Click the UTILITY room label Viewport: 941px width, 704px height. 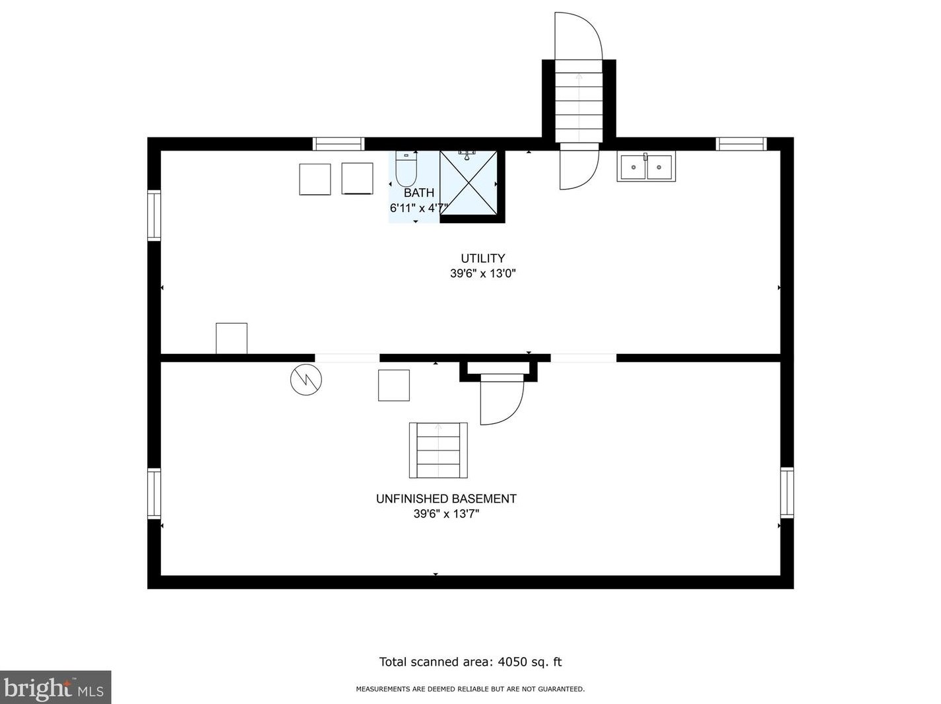point(482,258)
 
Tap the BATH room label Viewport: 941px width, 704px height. point(419,193)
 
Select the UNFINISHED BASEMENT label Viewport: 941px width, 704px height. point(446,499)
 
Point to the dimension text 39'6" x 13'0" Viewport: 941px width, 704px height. point(482,273)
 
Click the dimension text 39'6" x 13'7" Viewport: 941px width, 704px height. point(446,514)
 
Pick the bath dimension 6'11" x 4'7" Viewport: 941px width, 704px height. point(418,208)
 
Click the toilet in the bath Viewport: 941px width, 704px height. point(406,170)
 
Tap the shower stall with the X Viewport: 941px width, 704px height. point(469,183)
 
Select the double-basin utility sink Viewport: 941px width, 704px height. point(646,167)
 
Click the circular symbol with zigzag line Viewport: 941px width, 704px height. point(306,380)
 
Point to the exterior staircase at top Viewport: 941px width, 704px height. point(579,100)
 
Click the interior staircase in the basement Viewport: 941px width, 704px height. point(438,450)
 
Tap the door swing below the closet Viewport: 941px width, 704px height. point(501,400)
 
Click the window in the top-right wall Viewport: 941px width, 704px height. point(741,144)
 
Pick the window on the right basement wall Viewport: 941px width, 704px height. point(787,493)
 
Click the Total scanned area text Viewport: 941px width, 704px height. point(470,662)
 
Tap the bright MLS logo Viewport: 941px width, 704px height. point(55,687)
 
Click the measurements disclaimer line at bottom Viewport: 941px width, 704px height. point(470,689)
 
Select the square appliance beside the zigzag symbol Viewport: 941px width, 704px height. point(393,385)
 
